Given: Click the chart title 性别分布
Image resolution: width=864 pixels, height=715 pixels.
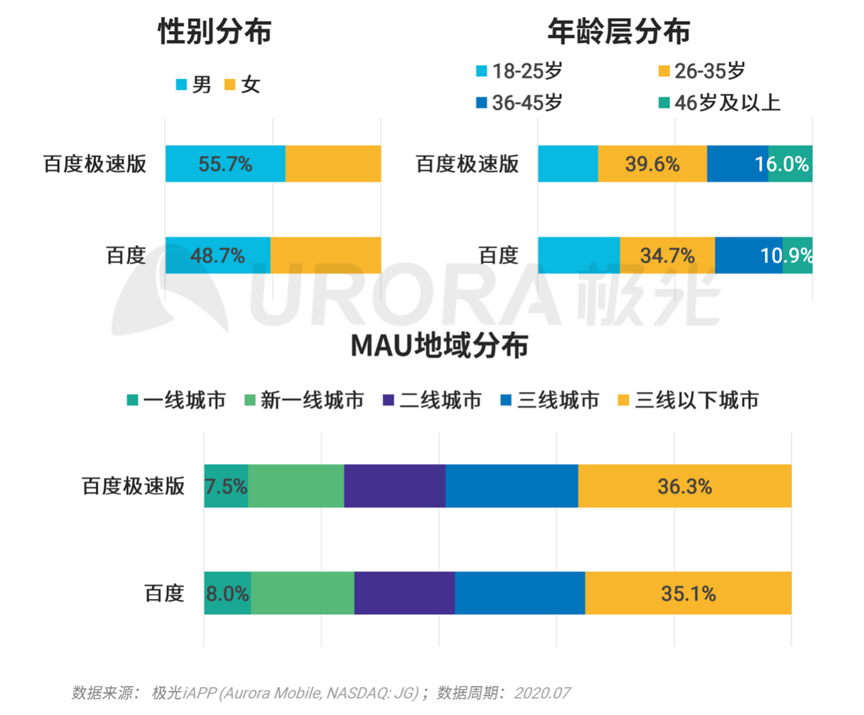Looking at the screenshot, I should point(215,31).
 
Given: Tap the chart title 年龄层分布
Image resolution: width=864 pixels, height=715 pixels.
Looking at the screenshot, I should point(618,31).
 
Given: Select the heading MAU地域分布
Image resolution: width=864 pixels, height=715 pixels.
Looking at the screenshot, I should point(439,346).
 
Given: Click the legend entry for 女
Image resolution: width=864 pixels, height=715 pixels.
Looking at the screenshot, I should point(243,85).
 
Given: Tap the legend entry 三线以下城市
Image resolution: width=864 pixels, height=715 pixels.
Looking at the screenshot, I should point(688,400).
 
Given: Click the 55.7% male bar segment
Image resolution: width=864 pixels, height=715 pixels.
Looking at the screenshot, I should point(225,164).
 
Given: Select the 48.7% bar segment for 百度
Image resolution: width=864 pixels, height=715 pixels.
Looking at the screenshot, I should point(217,256).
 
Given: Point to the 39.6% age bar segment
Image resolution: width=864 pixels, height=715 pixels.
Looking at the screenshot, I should point(652,164).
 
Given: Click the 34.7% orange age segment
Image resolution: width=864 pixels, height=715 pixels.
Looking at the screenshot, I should point(667,256).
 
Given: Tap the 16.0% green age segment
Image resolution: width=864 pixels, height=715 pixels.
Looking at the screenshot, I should point(790,164).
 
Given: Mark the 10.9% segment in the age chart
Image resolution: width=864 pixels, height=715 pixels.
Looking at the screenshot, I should point(797,256).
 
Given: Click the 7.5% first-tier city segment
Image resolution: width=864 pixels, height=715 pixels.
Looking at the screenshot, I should point(226,486).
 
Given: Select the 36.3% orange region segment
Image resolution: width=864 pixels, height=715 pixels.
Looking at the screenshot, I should point(685,486).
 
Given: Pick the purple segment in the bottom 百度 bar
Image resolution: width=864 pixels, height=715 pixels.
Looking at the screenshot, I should point(404,593).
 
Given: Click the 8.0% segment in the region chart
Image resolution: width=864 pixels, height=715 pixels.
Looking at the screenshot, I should point(228,593).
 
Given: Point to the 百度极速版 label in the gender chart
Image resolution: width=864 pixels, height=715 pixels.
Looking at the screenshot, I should point(95,164).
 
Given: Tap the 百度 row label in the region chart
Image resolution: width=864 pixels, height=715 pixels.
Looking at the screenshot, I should point(164,593).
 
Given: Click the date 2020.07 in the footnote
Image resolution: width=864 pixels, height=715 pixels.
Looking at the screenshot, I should point(542,693).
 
